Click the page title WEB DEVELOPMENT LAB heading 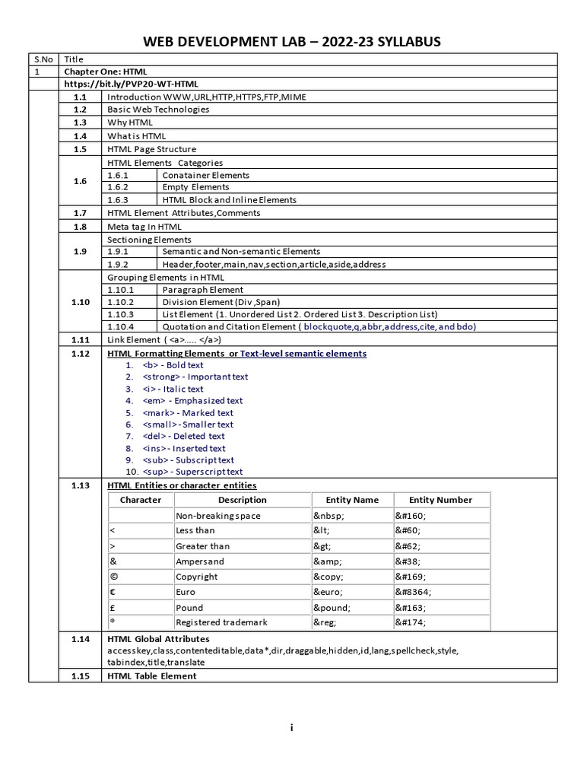coord(292,41)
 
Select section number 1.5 coord(80,149)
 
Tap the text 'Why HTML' coord(130,122)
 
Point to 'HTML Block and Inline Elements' coord(230,200)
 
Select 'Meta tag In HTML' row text coord(144,227)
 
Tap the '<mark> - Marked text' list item coord(188,412)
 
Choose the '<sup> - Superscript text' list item coord(192,472)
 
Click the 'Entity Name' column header coord(352,500)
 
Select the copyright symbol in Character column coord(113,577)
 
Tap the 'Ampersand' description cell coord(199,561)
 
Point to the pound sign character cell coord(113,608)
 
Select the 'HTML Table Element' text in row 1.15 coord(152,676)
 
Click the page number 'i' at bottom coord(291,728)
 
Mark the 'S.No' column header coord(43,59)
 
